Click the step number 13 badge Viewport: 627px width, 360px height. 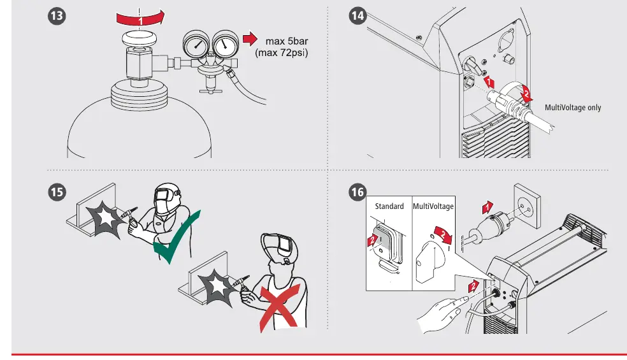coord(57,16)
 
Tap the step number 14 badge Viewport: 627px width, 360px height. coord(357,16)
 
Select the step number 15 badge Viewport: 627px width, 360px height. coord(57,192)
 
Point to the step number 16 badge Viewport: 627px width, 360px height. coord(357,192)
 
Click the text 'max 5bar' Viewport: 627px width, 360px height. coord(287,41)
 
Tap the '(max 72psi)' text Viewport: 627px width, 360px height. coord(282,53)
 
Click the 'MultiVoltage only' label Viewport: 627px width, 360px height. coord(573,108)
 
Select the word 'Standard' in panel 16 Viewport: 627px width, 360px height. coord(389,206)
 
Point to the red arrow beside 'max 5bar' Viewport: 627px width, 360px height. coord(250,39)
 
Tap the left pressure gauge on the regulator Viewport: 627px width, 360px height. coord(196,45)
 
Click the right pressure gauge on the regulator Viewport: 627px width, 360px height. coord(226,45)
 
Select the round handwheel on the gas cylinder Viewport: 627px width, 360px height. coord(140,40)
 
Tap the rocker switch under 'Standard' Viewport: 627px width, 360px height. coord(386,245)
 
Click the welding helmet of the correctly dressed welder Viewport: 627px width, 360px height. coord(167,198)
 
